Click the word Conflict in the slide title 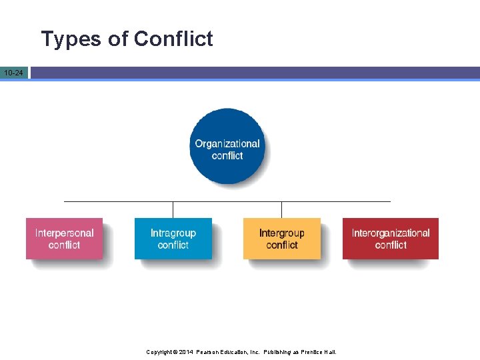(173, 39)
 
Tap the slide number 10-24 (13, 72)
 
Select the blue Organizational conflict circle (227, 147)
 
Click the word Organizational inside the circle (227, 144)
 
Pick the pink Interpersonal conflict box (65, 239)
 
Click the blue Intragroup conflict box (173, 239)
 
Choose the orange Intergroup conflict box (281, 239)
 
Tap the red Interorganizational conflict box (391, 239)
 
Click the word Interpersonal (65, 233)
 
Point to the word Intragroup (173, 233)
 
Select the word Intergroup (281, 233)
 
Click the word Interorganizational (391, 233)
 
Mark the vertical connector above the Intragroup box (173, 209)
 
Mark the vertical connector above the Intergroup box (281, 209)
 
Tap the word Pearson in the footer (209, 352)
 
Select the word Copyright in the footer (160, 352)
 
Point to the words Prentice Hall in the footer (319, 352)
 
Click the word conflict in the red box (391, 245)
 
